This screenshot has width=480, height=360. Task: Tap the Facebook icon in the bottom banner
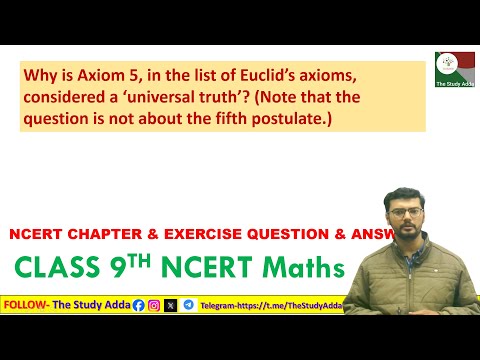tap(138, 305)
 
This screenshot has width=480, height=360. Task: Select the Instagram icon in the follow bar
tap(154, 305)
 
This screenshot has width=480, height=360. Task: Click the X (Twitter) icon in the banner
tap(171, 305)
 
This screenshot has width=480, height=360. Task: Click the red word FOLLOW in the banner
tap(26, 305)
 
